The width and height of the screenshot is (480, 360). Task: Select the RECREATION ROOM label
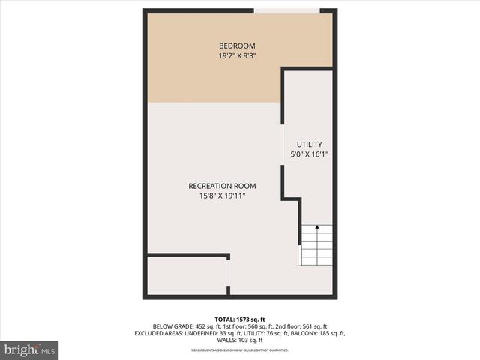point(222,186)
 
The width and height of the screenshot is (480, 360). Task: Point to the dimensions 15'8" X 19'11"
point(222,196)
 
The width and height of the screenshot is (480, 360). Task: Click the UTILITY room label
point(309,144)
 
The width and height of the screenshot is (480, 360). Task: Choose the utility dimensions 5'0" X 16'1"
point(309,154)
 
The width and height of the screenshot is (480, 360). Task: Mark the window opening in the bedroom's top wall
point(286,10)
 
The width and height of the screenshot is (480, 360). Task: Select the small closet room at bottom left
point(186,276)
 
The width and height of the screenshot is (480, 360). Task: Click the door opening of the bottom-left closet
point(228,276)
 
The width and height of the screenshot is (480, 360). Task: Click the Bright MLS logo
point(30,350)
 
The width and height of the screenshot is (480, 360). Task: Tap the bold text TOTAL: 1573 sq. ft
point(239,318)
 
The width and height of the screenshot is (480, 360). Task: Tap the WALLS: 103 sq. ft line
point(239,340)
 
